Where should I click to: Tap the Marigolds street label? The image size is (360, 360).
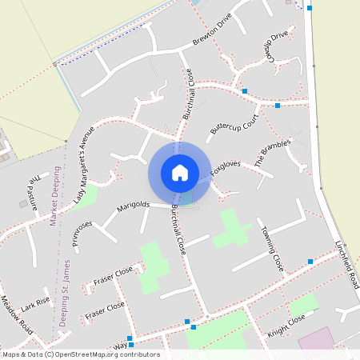coord(134,208)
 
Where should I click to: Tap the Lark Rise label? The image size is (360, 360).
coord(35,303)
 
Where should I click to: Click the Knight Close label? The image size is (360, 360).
coord(286,321)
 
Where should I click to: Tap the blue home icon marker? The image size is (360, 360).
coord(179,172)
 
